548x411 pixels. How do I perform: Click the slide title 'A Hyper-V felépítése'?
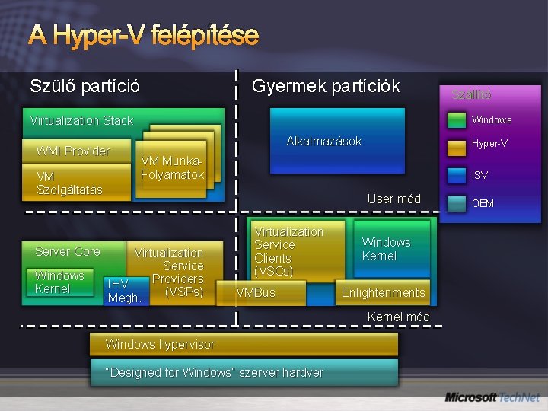coord(144,35)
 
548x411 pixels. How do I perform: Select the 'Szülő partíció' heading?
coord(84,86)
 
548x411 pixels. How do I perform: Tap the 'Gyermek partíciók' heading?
coord(325,86)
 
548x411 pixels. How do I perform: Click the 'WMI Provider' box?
coord(73,151)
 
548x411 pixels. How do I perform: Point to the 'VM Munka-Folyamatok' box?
coord(173,168)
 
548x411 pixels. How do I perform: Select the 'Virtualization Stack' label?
coord(81,120)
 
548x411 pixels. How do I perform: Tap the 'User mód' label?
coord(393,199)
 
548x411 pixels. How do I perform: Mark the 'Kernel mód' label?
coord(398,317)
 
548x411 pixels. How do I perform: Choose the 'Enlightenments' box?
coord(383,293)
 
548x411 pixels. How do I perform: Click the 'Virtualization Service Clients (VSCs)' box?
coord(289,251)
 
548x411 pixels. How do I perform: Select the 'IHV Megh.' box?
coord(124,291)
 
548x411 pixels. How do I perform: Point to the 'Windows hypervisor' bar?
coord(244,344)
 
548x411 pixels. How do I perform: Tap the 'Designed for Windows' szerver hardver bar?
coord(244,372)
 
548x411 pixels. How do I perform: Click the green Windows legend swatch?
coord(456,119)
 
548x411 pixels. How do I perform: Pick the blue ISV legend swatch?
coord(456,175)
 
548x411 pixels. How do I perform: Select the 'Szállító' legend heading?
coord(471,95)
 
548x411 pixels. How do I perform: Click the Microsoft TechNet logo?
coord(492,397)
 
